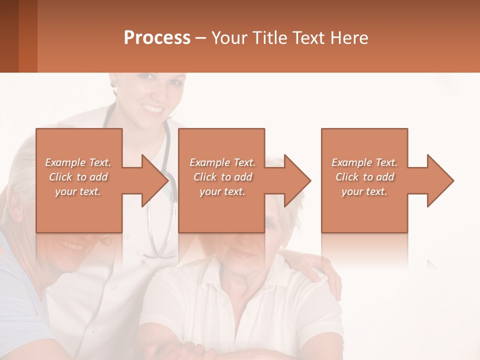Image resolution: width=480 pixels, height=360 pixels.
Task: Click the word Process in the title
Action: pos(157,38)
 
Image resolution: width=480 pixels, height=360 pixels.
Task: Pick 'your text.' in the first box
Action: pos(78,191)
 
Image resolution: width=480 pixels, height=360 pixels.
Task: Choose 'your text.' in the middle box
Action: pos(222,191)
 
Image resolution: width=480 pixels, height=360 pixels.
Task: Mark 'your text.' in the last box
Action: pos(364,191)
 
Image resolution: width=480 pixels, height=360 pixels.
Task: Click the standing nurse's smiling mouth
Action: pos(152,108)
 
